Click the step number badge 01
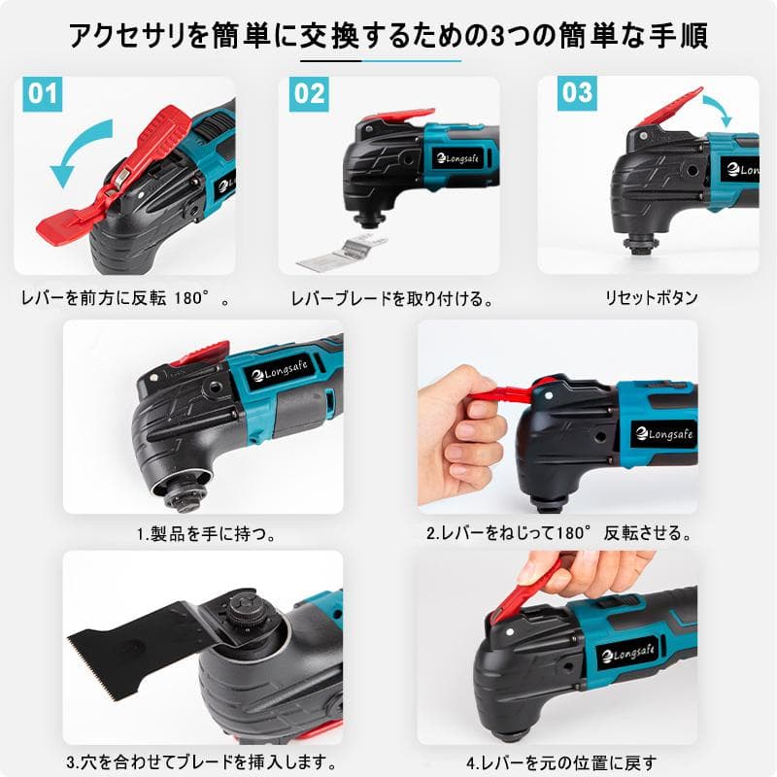point(44,94)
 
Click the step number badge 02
point(309,94)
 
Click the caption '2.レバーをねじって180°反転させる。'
point(558,533)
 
